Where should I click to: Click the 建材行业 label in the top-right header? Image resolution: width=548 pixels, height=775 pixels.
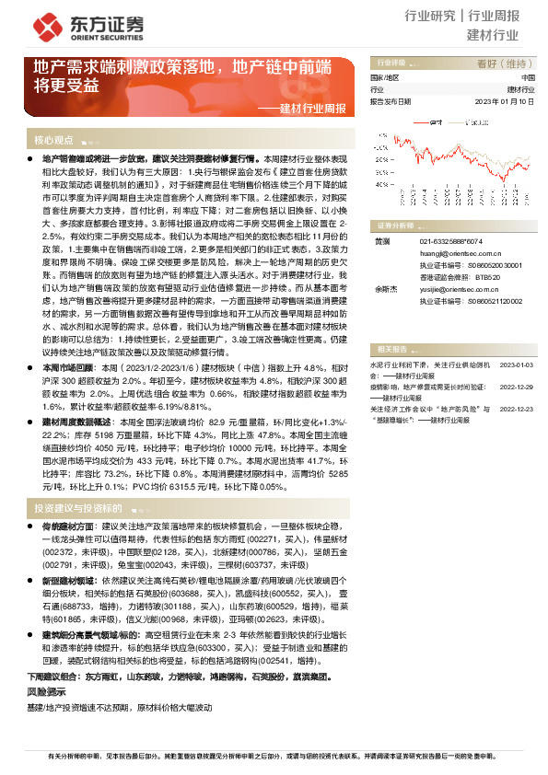[493, 36]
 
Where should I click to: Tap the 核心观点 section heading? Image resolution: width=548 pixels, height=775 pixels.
[53, 141]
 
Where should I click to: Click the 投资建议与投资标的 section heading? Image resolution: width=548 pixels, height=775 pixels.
[78, 507]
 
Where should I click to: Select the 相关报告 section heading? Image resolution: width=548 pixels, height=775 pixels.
[391, 348]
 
